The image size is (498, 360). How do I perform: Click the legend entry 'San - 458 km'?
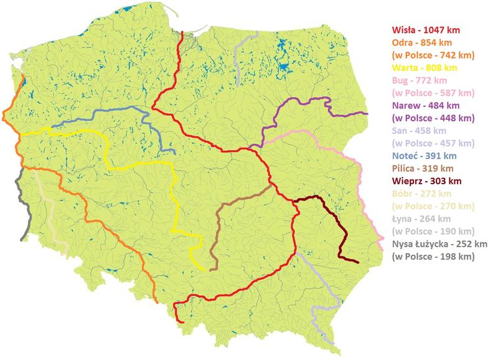pos(420,131)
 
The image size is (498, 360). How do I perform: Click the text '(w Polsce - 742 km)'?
pos(433,55)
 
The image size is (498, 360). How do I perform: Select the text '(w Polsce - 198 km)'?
pos(433,257)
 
